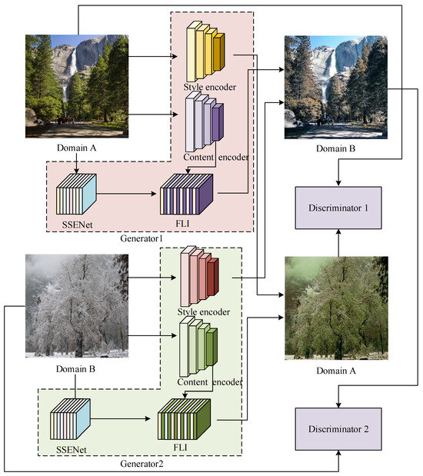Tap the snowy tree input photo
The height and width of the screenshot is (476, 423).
[x=77, y=306]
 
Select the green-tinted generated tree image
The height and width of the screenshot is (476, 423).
[x=334, y=308]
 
